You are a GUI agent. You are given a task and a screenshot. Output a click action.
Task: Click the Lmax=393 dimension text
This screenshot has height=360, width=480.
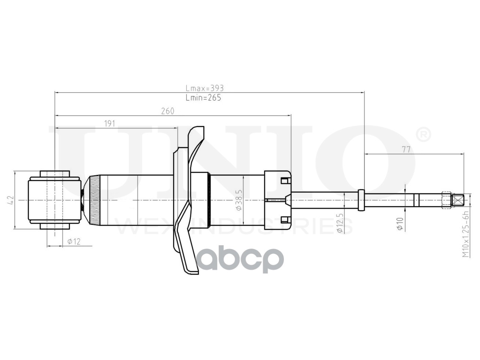204,88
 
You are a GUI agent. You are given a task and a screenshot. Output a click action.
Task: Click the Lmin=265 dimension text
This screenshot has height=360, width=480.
203,97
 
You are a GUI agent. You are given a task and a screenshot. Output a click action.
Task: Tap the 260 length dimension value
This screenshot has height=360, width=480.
168,111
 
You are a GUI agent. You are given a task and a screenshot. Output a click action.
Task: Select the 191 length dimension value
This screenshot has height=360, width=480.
109,124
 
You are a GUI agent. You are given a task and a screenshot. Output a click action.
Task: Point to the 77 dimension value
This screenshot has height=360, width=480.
406,150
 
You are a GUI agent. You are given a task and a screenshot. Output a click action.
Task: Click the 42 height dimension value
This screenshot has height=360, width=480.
11,200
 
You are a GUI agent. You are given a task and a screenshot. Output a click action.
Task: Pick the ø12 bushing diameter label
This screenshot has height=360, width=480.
74,241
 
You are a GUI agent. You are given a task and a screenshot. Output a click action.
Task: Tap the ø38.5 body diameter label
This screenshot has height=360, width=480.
239,200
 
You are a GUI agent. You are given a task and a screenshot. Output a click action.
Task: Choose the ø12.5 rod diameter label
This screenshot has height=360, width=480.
340,223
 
